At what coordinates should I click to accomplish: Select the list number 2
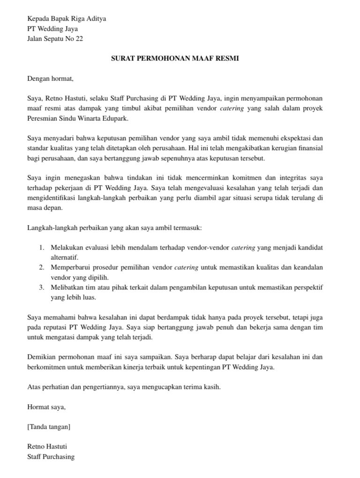tap(41, 267)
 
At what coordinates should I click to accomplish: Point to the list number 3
tap(41, 287)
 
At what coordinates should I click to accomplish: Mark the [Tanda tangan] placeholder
tap(49, 427)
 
